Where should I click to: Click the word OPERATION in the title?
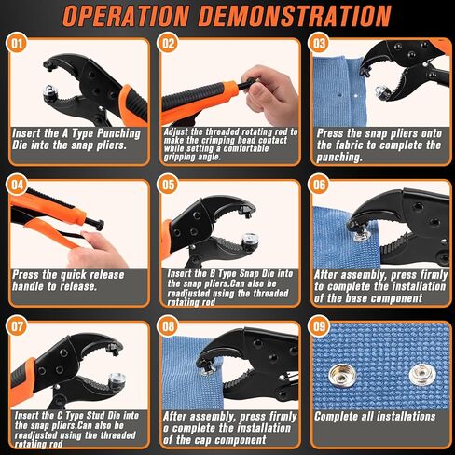(x=126, y=16)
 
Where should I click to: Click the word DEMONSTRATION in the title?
(x=295, y=16)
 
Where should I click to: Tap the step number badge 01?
(x=17, y=43)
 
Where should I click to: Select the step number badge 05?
(x=168, y=185)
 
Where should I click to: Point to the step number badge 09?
(x=319, y=326)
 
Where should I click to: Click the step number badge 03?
(x=319, y=43)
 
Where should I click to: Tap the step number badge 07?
(x=17, y=326)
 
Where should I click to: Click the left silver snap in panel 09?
(x=341, y=377)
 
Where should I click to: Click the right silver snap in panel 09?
(x=421, y=375)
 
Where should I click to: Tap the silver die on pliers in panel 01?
(x=49, y=92)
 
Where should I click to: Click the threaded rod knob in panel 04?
(x=100, y=225)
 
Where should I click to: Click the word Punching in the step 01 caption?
(x=119, y=134)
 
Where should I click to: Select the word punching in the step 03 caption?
(x=339, y=158)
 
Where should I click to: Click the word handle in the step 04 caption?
(x=28, y=286)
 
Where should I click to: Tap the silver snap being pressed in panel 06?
(x=362, y=236)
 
